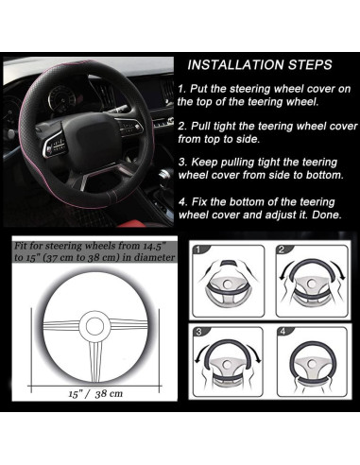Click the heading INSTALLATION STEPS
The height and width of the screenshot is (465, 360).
click(260, 65)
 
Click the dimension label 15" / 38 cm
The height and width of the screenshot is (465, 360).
click(95, 393)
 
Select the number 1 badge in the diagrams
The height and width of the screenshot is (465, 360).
click(197, 250)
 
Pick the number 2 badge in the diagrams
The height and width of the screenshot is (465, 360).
click(282, 250)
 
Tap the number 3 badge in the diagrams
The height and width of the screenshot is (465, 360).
click(198, 332)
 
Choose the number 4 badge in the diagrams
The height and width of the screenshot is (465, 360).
click(283, 332)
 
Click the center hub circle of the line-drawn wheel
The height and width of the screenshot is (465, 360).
click(94, 325)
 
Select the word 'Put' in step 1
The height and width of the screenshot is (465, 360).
click(199, 89)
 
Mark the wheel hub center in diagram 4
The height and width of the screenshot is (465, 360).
click(312, 363)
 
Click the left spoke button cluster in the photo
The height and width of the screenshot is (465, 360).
click(55, 146)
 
